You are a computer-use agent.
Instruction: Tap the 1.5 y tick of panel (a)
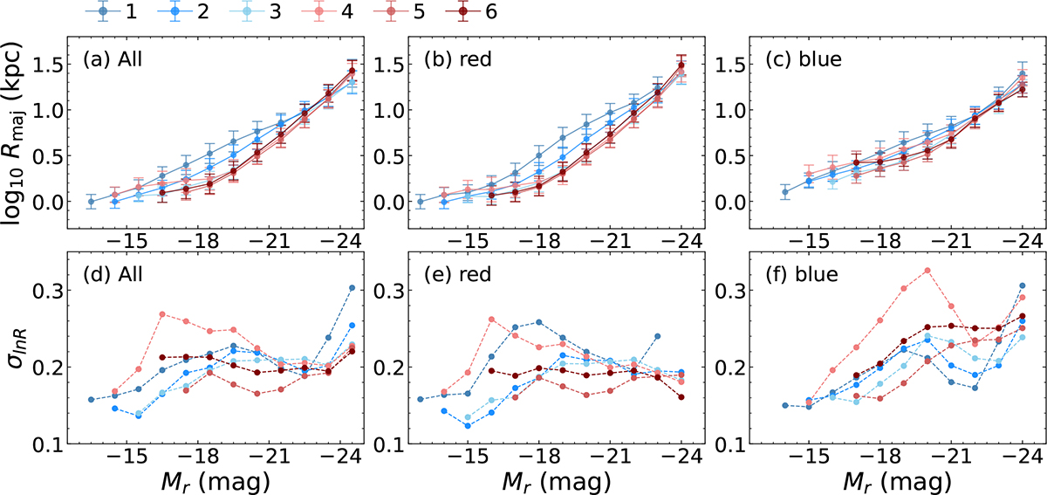pyautogui.click(x=54, y=65)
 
